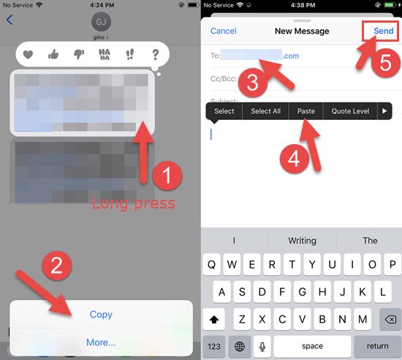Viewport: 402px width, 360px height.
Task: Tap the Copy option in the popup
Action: click(x=101, y=314)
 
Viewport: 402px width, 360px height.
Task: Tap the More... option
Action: click(x=101, y=342)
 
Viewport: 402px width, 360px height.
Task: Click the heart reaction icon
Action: click(x=28, y=54)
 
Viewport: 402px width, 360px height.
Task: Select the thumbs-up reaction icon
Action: click(x=53, y=54)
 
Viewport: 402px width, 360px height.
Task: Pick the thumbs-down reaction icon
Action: click(x=78, y=54)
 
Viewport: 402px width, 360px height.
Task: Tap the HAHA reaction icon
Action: click(x=105, y=54)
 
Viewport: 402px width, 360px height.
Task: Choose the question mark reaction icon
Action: click(x=155, y=54)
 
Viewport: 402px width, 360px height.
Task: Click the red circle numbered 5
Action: click(x=386, y=63)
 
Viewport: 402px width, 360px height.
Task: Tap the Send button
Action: click(x=383, y=31)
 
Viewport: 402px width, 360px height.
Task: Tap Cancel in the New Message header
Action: click(x=223, y=31)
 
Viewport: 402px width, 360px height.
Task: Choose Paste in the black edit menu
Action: click(x=306, y=111)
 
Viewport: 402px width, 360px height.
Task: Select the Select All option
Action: click(x=265, y=111)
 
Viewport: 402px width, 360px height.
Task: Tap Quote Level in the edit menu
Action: click(x=351, y=111)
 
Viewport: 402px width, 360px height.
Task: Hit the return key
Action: click(x=377, y=345)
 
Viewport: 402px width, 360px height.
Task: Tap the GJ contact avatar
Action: click(x=101, y=20)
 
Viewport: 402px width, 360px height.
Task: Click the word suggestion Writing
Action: click(x=302, y=240)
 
